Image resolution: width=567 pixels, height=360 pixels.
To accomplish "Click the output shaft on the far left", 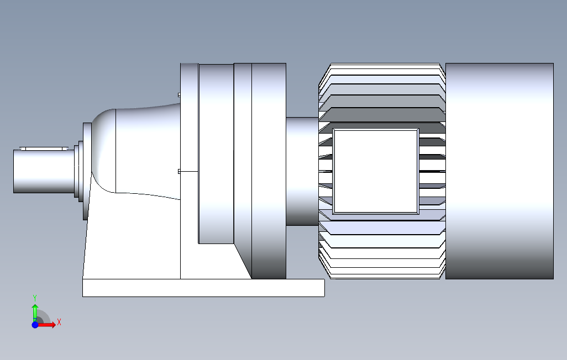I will point(41,171).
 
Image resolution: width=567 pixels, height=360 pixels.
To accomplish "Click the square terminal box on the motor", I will point(376,171).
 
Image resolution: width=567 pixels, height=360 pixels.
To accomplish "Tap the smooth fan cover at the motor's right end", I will point(499,171).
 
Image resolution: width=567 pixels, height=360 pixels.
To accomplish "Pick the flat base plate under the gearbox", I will point(203,288).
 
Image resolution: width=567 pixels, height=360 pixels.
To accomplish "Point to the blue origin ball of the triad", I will point(35,325).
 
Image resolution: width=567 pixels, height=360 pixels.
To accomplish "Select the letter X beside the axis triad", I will point(59,322).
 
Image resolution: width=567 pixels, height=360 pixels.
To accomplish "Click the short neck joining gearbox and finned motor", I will point(302,171).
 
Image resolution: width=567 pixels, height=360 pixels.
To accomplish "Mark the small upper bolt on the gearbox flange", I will point(179,94).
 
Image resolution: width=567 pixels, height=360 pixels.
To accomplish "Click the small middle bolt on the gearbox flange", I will point(179,171).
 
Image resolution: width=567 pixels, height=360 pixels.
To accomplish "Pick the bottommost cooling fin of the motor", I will point(381,277).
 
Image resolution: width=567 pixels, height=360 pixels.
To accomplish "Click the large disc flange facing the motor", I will point(269,171).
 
